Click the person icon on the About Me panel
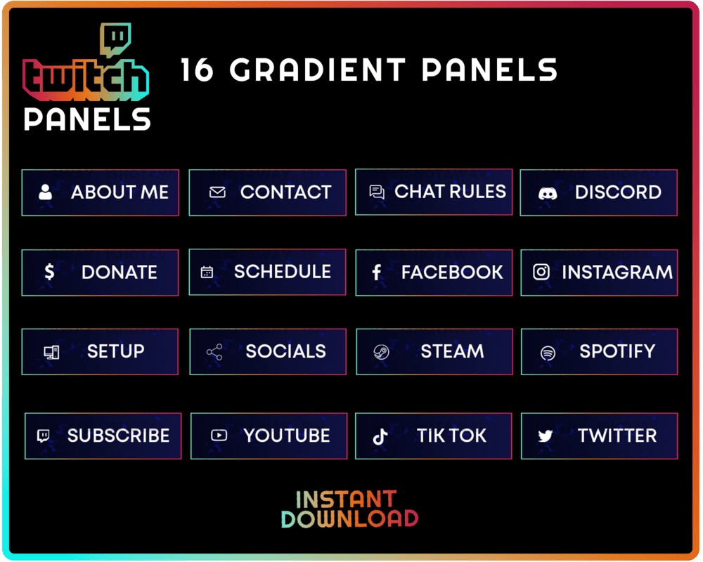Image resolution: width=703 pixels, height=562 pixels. click(x=46, y=192)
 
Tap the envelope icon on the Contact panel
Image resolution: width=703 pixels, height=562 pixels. click(x=217, y=192)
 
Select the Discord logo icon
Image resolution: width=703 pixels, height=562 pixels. click(x=548, y=192)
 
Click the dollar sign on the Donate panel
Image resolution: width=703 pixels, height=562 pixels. click(x=49, y=272)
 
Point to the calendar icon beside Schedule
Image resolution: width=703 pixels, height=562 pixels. click(x=207, y=272)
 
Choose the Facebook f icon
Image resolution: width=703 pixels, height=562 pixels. click(x=376, y=273)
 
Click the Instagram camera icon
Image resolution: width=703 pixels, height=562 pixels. click(x=541, y=272)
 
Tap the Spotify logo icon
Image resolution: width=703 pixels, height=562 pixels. click(x=548, y=353)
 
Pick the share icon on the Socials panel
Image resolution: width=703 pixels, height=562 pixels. click(x=214, y=352)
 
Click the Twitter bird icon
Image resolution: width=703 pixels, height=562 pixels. click(x=546, y=436)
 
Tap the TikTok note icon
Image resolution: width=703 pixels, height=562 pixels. click(x=380, y=436)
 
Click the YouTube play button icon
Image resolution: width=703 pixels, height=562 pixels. click(x=219, y=436)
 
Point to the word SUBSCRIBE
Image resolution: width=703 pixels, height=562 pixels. click(x=118, y=436)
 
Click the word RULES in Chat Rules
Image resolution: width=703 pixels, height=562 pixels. click(x=479, y=191)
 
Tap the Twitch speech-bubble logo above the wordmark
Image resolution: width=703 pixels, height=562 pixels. click(x=115, y=39)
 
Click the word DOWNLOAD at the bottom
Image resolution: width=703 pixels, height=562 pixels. click(x=349, y=518)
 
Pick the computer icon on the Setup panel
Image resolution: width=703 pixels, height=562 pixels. click(x=51, y=352)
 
